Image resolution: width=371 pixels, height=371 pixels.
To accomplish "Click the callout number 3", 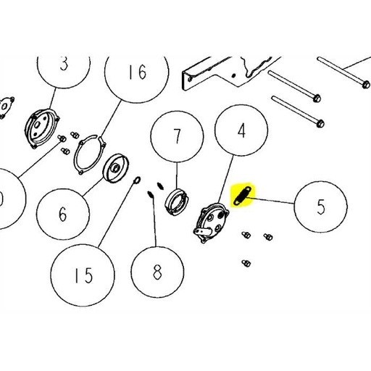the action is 64,64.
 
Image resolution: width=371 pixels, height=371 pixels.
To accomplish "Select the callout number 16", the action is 138,72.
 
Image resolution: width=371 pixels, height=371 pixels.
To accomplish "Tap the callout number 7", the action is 178,136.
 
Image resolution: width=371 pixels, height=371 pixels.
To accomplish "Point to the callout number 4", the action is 242,130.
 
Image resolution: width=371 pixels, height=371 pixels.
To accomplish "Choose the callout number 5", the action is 321,207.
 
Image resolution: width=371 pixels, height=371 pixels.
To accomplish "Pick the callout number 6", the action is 63,214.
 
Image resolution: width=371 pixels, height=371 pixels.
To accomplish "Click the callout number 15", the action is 83,275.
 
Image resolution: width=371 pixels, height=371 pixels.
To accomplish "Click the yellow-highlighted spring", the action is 243,194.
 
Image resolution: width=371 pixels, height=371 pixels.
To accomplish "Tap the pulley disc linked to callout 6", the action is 116,168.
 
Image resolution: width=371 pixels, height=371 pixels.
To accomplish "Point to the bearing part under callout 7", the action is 177,201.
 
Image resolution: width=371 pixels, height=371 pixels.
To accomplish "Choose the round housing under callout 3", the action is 42,128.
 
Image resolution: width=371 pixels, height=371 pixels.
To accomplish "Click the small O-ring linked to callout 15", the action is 137,180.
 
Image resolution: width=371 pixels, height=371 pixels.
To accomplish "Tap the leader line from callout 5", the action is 270,201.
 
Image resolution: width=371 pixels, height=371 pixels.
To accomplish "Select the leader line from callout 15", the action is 116,215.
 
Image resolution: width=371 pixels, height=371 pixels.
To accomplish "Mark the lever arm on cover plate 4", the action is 201,232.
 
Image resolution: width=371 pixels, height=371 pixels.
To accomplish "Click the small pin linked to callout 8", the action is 151,194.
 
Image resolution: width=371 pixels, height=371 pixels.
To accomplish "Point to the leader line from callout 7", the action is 177,175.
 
